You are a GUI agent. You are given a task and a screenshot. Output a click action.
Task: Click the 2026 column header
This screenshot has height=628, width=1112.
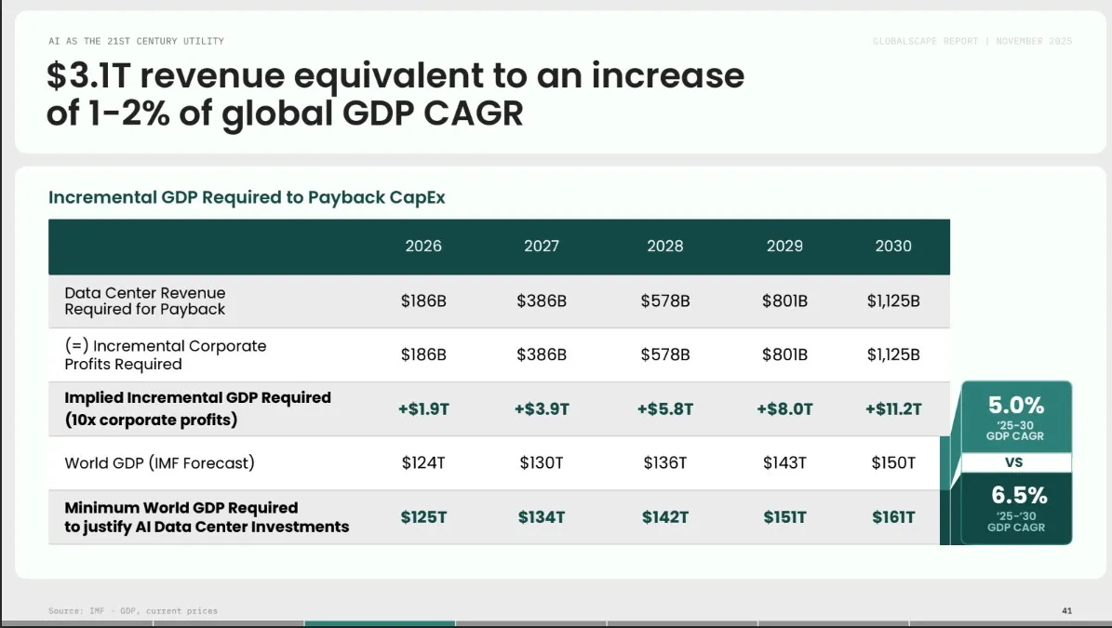423,247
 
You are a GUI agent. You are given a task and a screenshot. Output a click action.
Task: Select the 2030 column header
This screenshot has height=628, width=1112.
893,247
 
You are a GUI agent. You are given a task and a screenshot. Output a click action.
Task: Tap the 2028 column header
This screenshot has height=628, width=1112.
664,247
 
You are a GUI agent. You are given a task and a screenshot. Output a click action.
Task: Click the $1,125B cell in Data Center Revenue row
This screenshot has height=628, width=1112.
893,301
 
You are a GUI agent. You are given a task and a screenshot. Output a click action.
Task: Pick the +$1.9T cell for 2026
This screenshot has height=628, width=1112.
423,409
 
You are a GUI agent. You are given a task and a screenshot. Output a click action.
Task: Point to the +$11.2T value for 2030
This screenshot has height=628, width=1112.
893,409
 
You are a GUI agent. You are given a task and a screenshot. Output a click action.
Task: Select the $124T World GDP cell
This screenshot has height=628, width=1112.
423,463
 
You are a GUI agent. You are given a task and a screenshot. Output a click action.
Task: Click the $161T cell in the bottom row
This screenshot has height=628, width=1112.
893,517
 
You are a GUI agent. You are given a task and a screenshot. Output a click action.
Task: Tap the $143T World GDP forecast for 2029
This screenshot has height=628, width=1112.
784,463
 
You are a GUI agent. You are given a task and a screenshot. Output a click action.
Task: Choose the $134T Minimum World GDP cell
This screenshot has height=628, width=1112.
542,517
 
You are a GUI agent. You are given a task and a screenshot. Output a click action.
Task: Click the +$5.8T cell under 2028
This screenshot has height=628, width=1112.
664,409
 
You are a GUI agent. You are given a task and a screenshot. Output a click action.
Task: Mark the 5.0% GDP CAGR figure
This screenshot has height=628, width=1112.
1016,406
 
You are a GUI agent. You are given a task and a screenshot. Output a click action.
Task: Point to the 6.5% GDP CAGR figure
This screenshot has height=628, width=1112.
1016,495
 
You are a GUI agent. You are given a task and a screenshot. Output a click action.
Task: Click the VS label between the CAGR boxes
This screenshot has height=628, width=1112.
1015,462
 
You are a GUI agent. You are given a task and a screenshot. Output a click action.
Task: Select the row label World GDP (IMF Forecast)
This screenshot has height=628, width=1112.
159,463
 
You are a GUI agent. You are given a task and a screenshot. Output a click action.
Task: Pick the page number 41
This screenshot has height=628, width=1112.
1066,610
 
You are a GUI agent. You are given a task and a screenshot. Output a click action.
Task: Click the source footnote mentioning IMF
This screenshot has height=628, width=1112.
133,610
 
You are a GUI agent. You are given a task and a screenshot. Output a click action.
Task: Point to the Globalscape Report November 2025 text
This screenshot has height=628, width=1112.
972,42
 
